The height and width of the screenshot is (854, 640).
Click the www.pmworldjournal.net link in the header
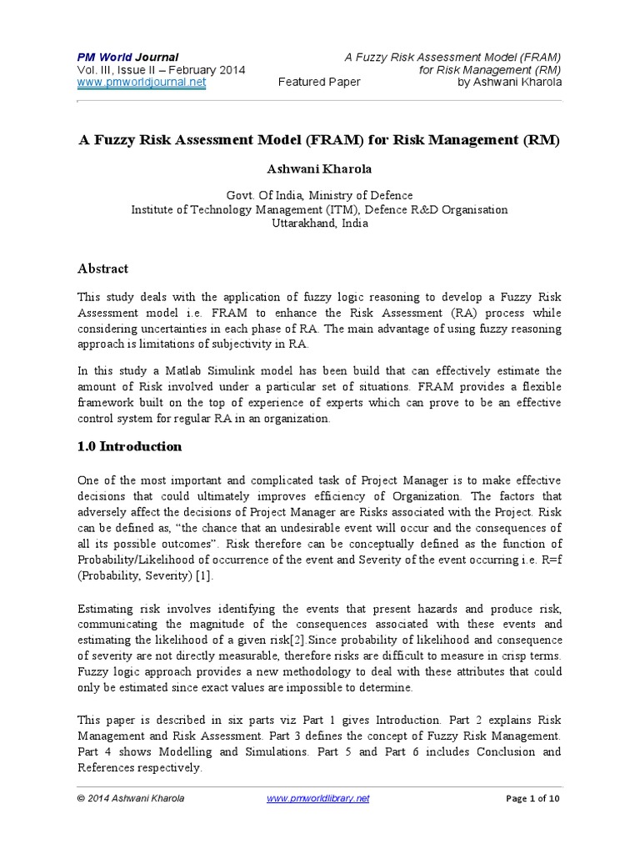click(x=142, y=83)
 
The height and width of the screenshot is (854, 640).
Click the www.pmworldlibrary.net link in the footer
click(x=317, y=798)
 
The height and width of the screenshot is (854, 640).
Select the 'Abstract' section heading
click(x=102, y=269)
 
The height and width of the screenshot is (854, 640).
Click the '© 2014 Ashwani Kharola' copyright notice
click(x=131, y=798)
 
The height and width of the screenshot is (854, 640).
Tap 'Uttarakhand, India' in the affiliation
click(x=319, y=223)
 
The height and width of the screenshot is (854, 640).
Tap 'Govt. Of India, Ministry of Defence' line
click(x=319, y=195)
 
